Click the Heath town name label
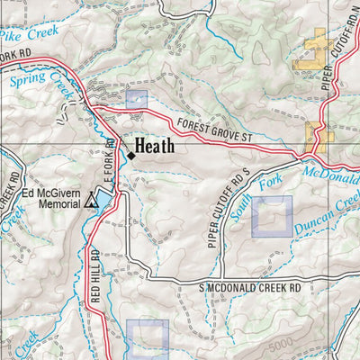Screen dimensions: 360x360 [x=155, y=146]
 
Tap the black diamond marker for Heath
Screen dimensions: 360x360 [x=130, y=155]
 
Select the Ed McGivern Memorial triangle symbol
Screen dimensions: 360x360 [x=91, y=204]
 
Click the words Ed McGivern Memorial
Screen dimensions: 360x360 [x=54, y=197]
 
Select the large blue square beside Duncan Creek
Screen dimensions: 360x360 [x=272, y=216]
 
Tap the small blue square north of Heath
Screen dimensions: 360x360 [x=136, y=99]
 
